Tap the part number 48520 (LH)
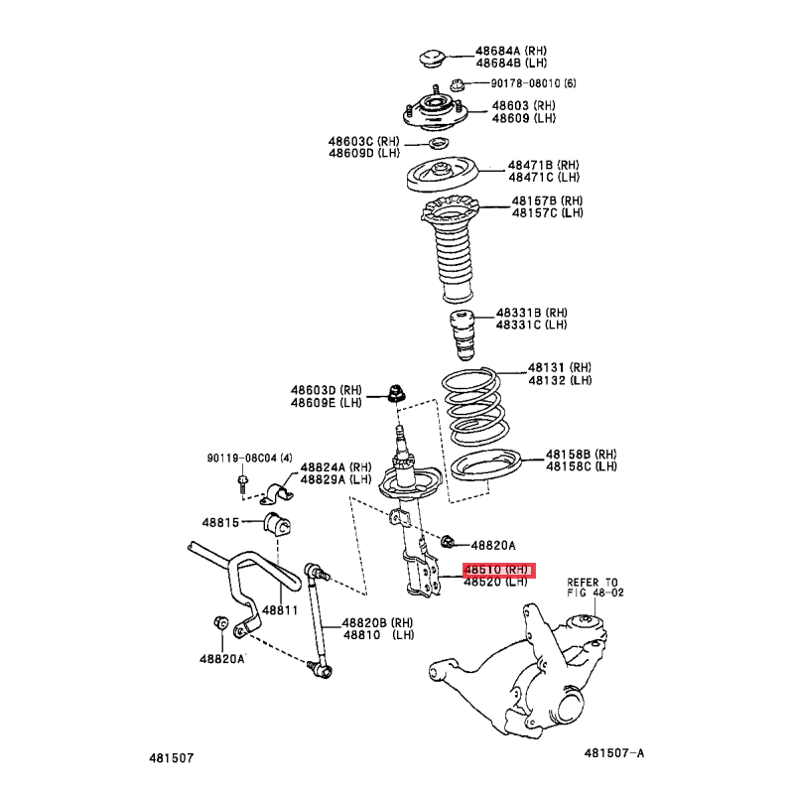(496, 582)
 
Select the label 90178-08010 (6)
(533, 83)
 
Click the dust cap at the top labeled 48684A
(432, 58)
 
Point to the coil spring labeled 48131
(475, 407)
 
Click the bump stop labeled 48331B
(463, 334)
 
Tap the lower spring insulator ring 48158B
(485, 464)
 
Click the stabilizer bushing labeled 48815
(277, 524)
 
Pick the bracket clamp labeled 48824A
(277, 493)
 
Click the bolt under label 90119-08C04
(242, 483)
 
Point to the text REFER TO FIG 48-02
(595, 588)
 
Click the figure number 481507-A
(614, 753)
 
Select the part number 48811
(280, 610)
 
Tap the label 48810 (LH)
(379, 634)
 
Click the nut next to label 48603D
(396, 394)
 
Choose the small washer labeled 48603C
(439, 144)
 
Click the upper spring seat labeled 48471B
(442, 175)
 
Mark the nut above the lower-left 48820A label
(220, 622)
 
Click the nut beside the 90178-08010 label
(458, 84)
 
